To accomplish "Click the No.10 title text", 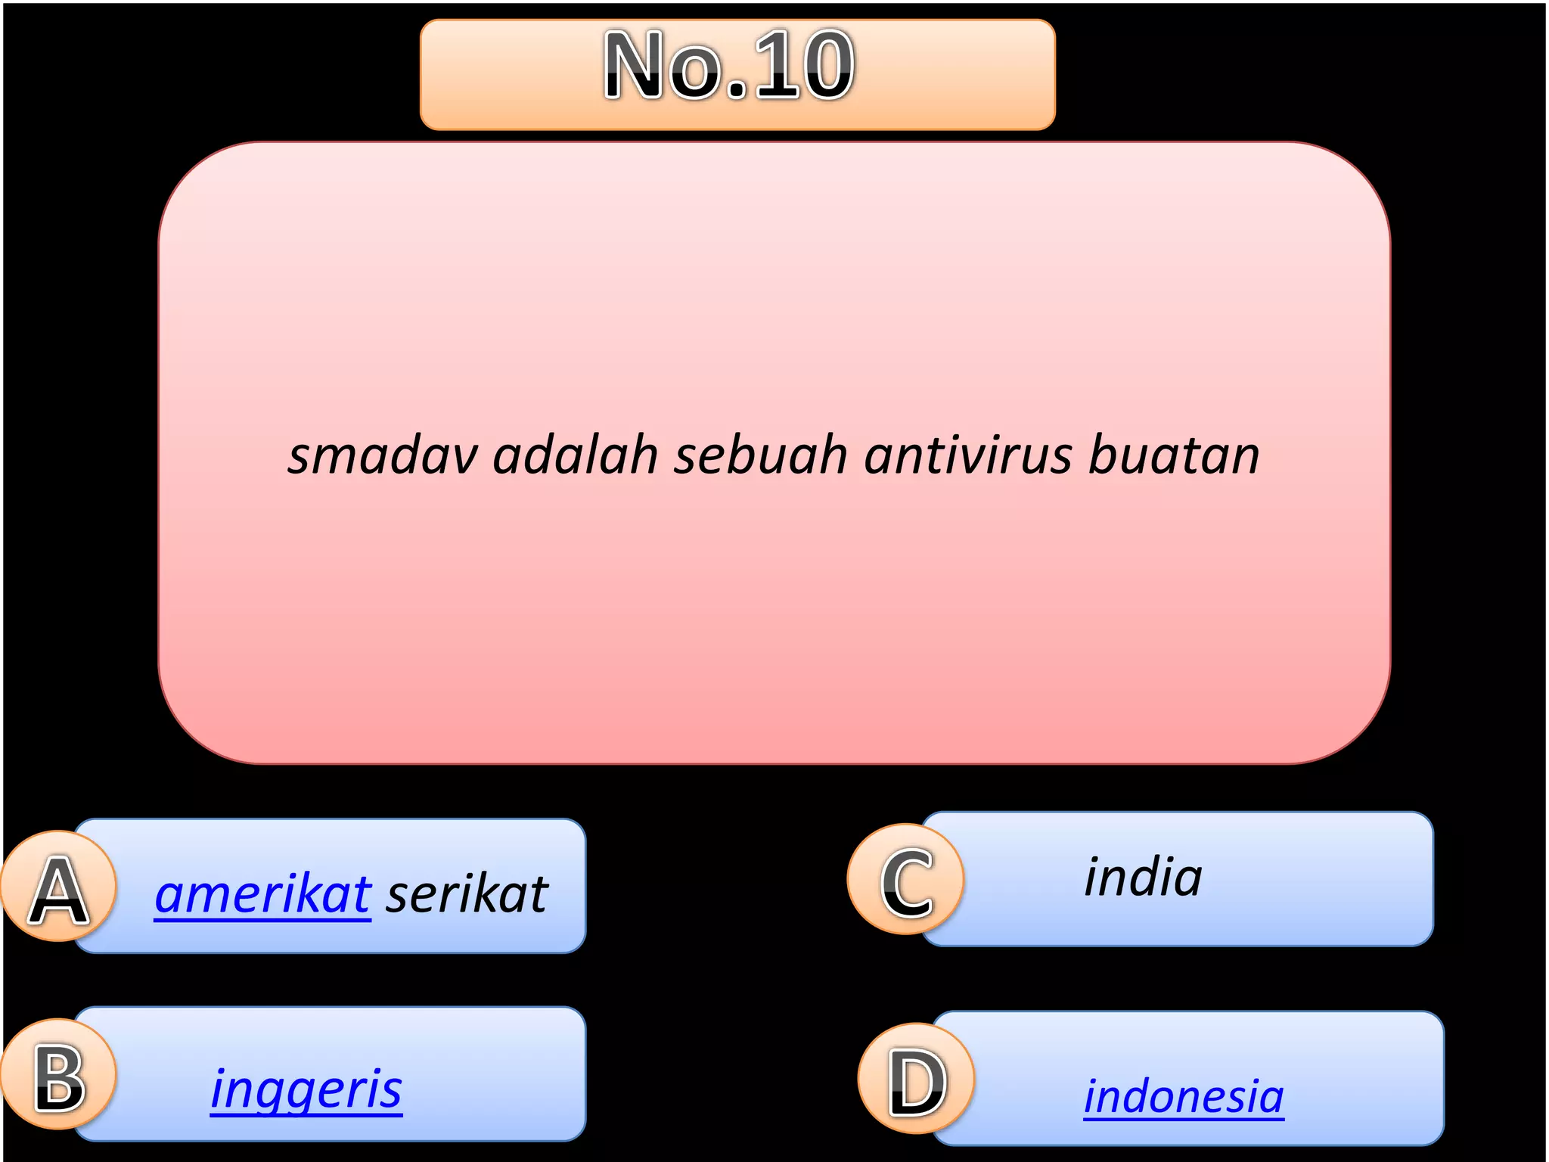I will tap(729, 67).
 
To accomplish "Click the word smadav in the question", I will tap(383, 455).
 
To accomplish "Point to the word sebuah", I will tap(760, 455).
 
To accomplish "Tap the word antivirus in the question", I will tap(968, 455).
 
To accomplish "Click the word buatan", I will tap(1174, 455).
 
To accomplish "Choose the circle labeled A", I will tap(59, 887).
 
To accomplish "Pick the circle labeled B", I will tap(59, 1074).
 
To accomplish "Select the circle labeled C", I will tap(906, 879).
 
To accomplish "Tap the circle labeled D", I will tap(917, 1079).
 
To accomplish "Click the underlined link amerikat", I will tap(262, 894).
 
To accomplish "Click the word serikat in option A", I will tap(467, 894).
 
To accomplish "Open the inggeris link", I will tap(306, 1089).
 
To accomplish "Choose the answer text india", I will tap(1143, 878).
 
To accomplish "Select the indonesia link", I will tap(1184, 1097).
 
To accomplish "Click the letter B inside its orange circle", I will tap(59, 1077).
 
